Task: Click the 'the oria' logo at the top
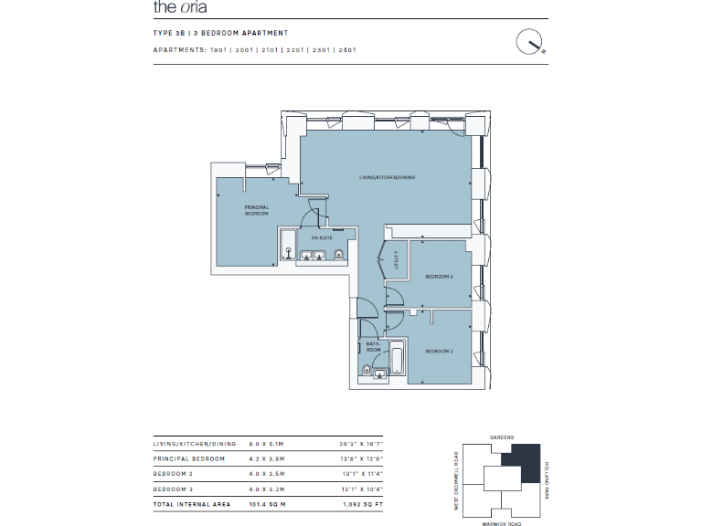(x=181, y=8)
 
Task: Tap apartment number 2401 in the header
(x=346, y=49)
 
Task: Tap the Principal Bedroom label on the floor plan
(x=256, y=211)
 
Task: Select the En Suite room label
(x=322, y=237)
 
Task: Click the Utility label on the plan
(x=397, y=259)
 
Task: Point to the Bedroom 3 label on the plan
(x=440, y=277)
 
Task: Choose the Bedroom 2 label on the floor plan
(x=440, y=351)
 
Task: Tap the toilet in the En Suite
(x=339, y=255)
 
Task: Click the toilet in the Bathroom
(x=367, y=370)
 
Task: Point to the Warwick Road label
(x=503, y=524)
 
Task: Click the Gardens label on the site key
(x=503, y=437)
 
